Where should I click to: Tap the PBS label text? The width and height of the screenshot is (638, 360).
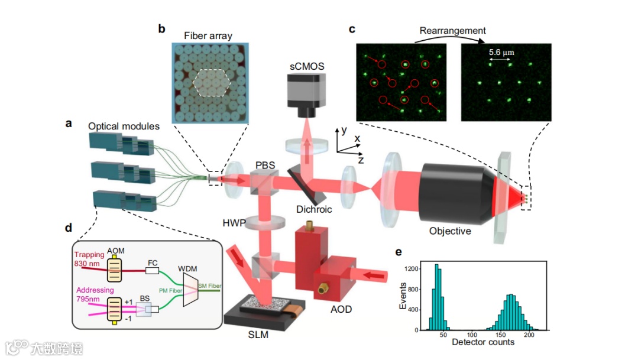pos(265,165)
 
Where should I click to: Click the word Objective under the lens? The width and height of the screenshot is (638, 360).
pos(450,231)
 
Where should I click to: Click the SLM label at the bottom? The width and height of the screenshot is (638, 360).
pos(258,336)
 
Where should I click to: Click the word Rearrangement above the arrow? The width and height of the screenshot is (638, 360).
pos(452,30)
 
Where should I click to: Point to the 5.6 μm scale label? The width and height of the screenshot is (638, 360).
pos(501,52)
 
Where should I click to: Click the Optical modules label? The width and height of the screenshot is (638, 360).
pos(123,127)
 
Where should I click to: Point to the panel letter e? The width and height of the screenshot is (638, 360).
pos(398,252)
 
